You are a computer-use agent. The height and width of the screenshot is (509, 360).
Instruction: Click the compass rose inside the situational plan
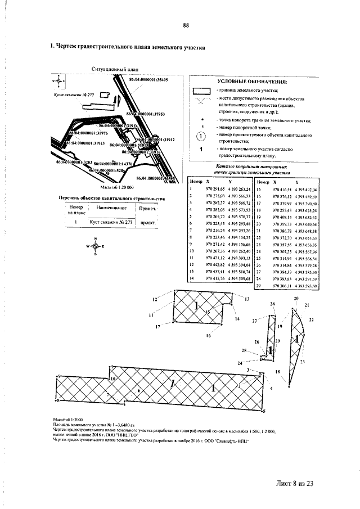58,82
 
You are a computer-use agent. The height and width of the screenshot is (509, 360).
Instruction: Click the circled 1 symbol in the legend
201,138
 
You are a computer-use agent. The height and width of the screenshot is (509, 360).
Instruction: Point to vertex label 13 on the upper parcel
246,299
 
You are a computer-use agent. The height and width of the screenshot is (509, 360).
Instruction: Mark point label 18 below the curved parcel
277,372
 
